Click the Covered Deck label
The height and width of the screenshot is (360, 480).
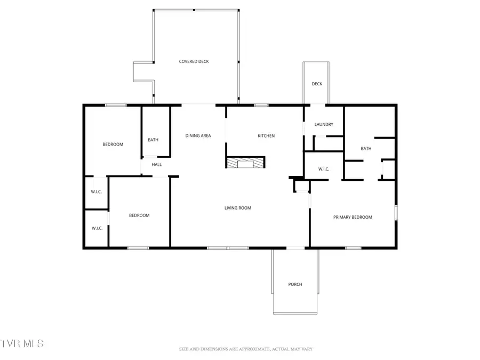coord(194,61)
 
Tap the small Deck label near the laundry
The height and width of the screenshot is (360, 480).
coord(317,84)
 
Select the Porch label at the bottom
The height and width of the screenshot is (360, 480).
coord(295,284)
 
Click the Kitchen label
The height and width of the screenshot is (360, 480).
coord(266,136)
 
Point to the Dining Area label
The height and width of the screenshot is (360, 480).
coord(198,136)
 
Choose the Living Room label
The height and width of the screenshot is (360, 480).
coord(237,208)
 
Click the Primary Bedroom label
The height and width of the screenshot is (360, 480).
coord(353,217)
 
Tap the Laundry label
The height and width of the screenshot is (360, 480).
coord(324,125)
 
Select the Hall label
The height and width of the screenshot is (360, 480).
coord(156,165)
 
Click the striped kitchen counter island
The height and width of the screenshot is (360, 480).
coord(245,163)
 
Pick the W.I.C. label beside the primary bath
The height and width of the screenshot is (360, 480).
coord(324,170)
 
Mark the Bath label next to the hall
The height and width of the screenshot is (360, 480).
coord(153,140)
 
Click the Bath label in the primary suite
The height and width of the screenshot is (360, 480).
coord(366,149)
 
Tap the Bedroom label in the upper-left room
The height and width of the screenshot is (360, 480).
coord(113,145)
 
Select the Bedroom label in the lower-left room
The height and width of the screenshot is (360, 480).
coord(139,215)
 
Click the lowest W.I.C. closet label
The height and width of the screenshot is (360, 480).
coord(97,228)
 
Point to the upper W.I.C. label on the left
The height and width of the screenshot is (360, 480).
coord(97,192)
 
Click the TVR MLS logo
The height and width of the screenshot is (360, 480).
coord(22,343)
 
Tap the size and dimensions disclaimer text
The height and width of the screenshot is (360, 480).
coord(246,349)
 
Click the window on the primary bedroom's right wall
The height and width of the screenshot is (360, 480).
coord(396,212)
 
